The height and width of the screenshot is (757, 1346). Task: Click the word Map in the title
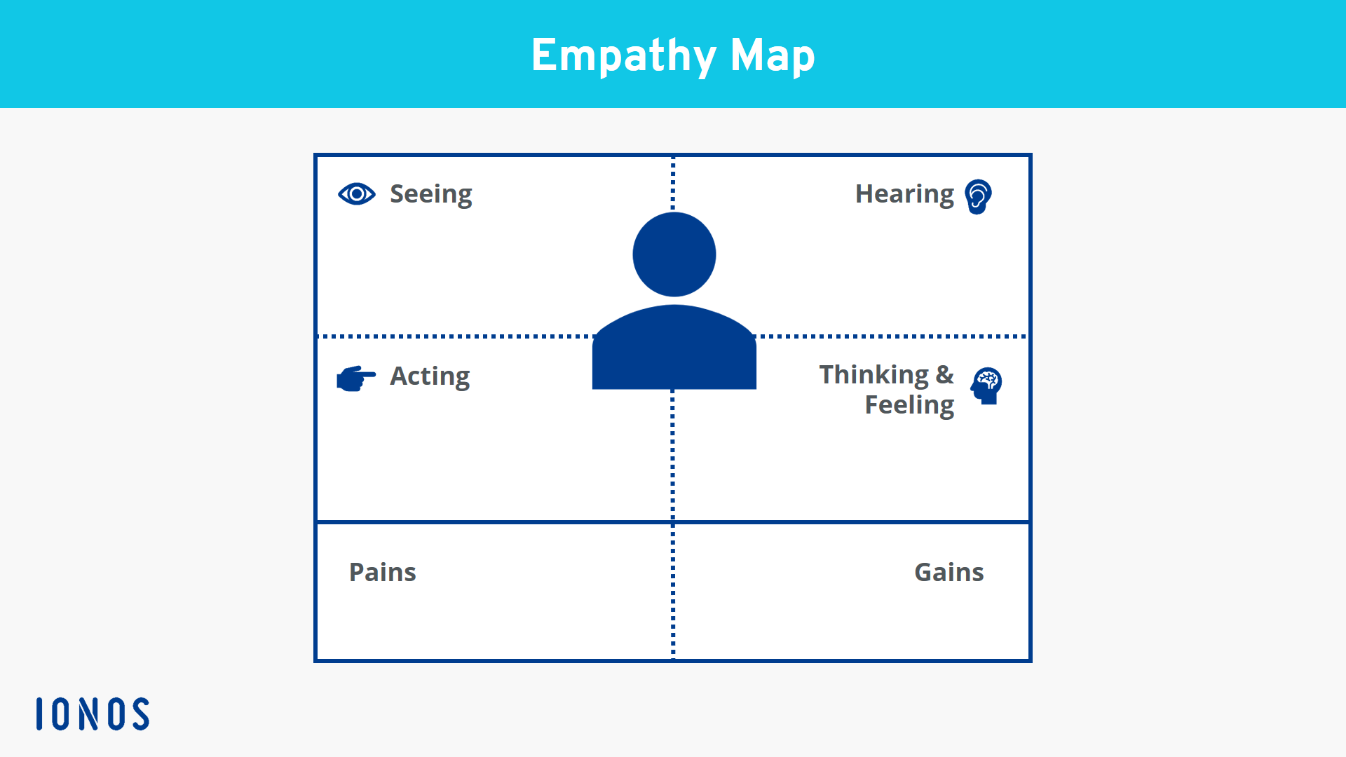tap(773, 56)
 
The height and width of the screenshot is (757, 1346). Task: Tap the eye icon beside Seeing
tap(357, 193)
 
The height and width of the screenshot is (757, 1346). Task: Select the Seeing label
tap(430, 194)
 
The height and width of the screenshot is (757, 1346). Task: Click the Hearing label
tap(904, 194)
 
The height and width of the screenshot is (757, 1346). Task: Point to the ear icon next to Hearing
tap(978, 196)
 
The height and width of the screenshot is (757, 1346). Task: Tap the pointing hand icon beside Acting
tap(356, 378)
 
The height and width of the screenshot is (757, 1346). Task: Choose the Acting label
tap(430, 376)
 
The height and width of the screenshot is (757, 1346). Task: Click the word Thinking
tap(874, 375)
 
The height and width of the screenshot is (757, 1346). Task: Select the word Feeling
tap(909, 405)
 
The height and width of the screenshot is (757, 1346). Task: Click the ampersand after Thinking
tap(945, 375)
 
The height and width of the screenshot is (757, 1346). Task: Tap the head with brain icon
tap(986, 386)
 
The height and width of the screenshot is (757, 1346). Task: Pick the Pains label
tap(383, 573)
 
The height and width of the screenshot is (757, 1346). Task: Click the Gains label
tap(949, 573)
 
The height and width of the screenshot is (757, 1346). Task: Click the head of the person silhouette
tap(674, 254)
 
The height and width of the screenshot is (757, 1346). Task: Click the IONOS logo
tap(93, 714)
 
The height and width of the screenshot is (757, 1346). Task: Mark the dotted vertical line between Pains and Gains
tap(673, 591)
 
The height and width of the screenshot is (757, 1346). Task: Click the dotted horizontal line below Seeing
tap(456, 336)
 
